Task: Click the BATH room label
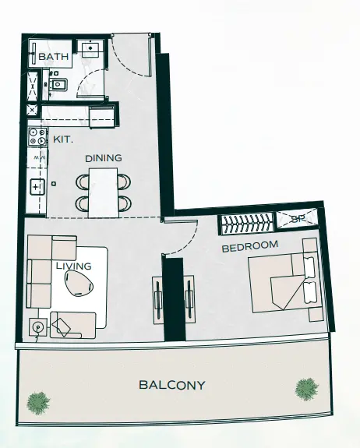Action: coord(54,57)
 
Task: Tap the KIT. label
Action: coord(62,139)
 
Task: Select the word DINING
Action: coord(104,158)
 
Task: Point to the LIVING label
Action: coord(74,266)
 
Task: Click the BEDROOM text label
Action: coord(250,246)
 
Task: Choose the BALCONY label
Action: coord(171,385)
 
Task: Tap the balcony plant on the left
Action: coord(37,403)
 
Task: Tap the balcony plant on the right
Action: coord(306,387)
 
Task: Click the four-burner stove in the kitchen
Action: coord(37,139)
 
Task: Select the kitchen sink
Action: coord(37,187)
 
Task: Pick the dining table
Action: coord(103,192)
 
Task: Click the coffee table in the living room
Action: coord(79,287)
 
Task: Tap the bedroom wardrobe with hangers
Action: coord(246,224)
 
